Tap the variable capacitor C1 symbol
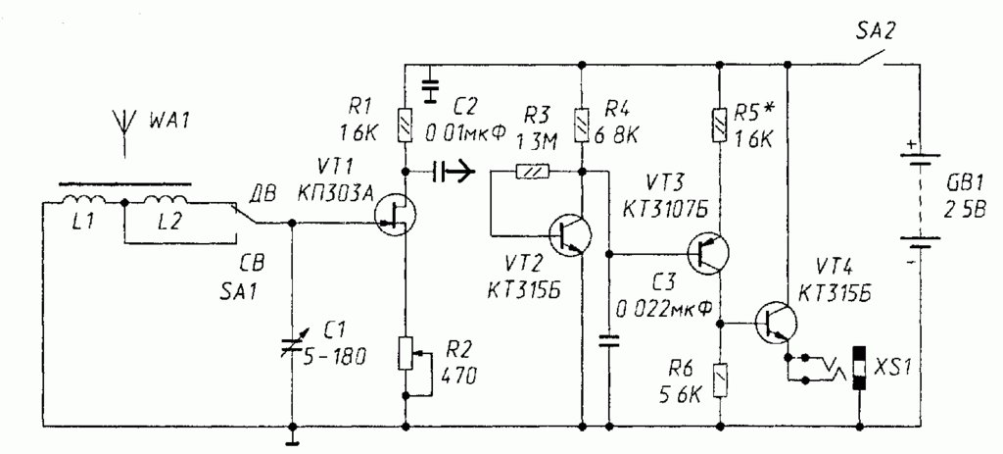293,341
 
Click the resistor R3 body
532,172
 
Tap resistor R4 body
582,125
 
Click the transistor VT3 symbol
708,254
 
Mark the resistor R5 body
720,125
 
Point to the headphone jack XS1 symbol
858,368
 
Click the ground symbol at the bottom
292,435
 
